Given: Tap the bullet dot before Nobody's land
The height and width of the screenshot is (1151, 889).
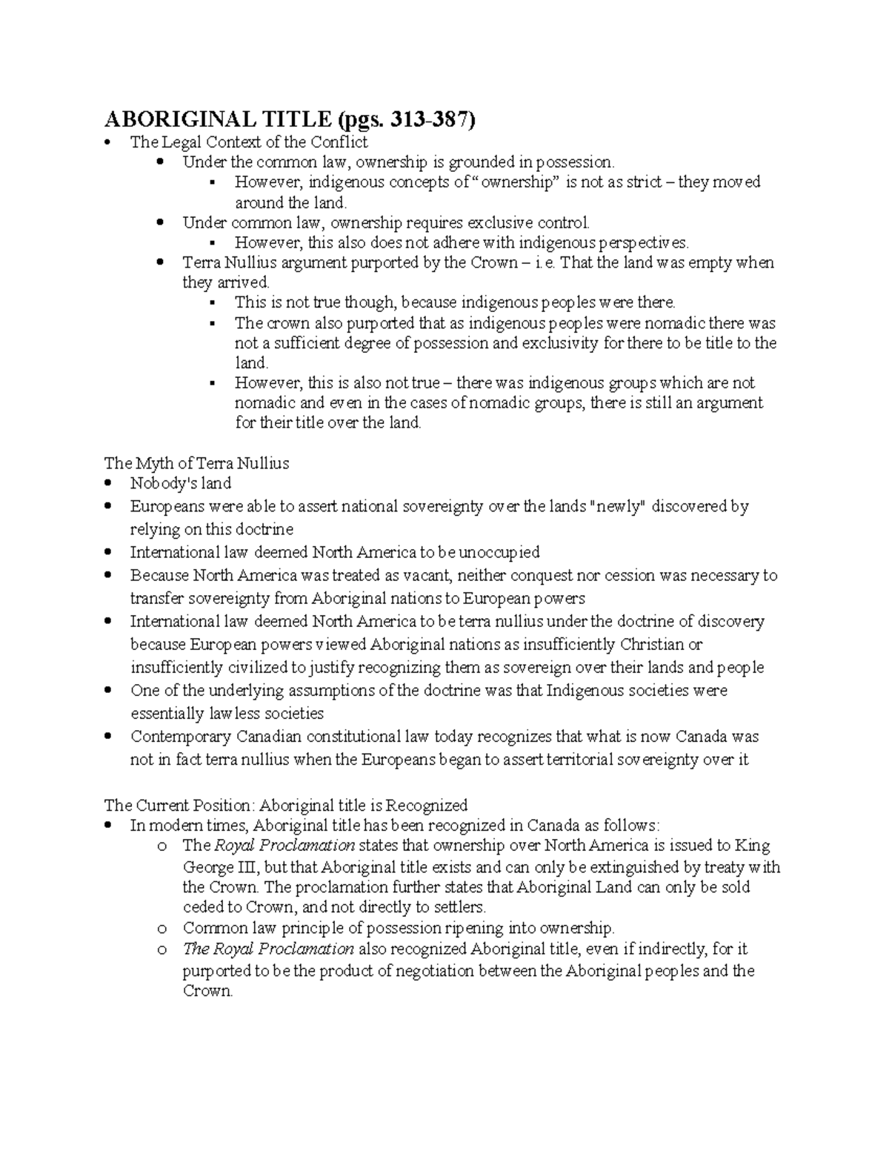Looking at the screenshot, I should coord(110,483).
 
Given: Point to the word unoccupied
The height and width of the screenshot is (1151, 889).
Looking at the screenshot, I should coord(499,552).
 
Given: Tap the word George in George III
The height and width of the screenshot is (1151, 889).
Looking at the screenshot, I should coord(207,866).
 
